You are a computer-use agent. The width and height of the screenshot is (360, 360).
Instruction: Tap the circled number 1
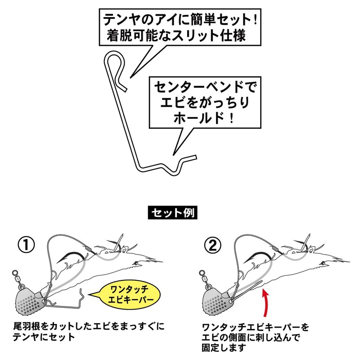(x=27, y=245)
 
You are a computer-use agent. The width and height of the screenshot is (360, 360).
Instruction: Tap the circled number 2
(x=212, y=245)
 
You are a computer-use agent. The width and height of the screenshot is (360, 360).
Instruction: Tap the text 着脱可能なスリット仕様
(x=176, y=36)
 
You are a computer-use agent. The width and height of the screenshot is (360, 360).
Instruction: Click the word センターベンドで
(x=201, y=85)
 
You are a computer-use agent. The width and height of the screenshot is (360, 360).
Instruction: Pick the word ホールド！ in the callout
(x=201, y=119)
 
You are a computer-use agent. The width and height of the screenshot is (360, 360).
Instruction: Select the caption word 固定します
(x=225, y=347)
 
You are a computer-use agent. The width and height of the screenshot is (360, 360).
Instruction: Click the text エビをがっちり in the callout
(x=201, y=102)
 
